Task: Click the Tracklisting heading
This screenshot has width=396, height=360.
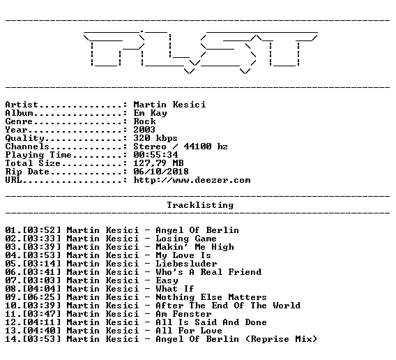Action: [200, 205]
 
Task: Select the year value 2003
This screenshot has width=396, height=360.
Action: [144, 130]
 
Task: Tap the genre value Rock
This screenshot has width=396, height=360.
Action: [144, 121]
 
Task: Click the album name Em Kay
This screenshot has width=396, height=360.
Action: [151, 113]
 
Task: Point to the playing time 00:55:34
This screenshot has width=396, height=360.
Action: [155, 155]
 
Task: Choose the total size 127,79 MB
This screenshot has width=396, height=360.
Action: [158, 163]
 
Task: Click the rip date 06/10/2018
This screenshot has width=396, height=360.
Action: [161, 172]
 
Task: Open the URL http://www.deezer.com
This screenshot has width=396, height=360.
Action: [192, 180]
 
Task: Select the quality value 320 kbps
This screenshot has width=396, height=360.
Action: [155, 138]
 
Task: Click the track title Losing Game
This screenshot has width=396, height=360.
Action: [186, 239]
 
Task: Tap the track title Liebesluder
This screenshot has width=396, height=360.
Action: [186, 264]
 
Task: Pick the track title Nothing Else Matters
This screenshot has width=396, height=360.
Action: [211, 297]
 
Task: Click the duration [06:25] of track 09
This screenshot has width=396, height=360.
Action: [42, 297]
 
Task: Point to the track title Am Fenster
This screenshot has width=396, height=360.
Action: [183, 314]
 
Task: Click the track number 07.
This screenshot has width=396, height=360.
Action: [10, 280]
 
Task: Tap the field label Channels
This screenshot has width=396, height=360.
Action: [27, 147]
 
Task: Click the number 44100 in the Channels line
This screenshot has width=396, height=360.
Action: [197, 147]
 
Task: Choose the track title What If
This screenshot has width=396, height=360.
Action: [175, 289]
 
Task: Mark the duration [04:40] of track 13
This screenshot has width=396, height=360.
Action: [42, 331]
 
